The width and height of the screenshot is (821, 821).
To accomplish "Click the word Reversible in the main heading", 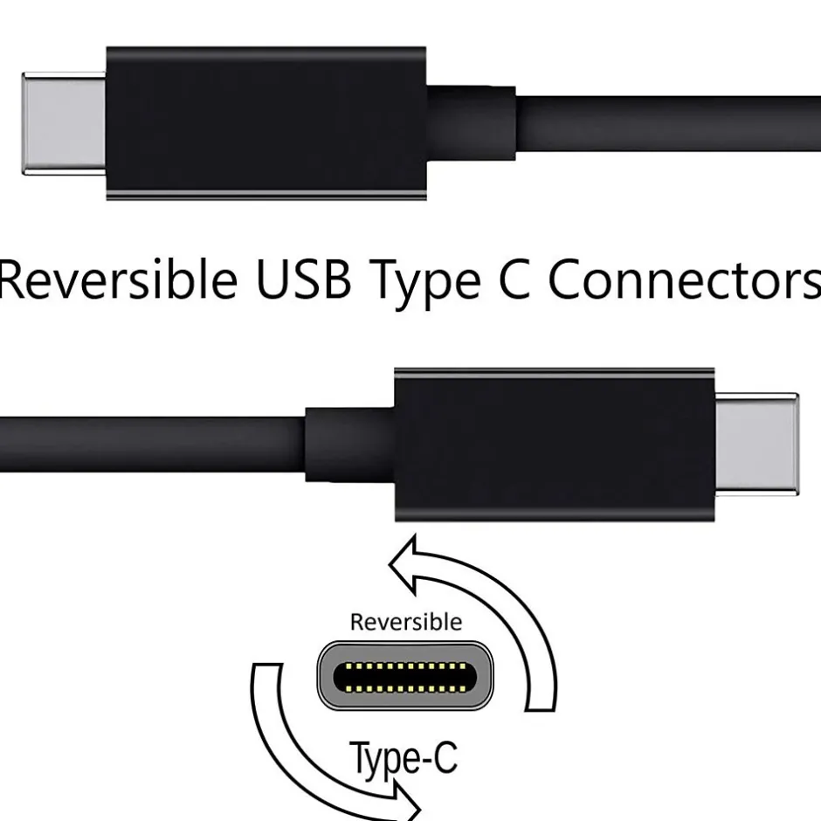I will click(118, 279).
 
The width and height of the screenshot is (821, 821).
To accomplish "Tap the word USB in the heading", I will click(302, 279).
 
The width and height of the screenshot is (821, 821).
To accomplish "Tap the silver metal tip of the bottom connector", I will click(756, 444).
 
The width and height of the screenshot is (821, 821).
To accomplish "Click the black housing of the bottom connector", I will click(555, 444).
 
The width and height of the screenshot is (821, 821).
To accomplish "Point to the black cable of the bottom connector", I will click(148, 444).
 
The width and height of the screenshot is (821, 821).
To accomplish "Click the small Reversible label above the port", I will click(405, 622).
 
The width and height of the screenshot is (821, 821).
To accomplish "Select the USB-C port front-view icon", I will click(404, 676).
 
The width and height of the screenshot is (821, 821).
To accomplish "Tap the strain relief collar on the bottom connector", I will click(349, 444).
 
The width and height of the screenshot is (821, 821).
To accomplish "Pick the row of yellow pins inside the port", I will click(404, 677).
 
